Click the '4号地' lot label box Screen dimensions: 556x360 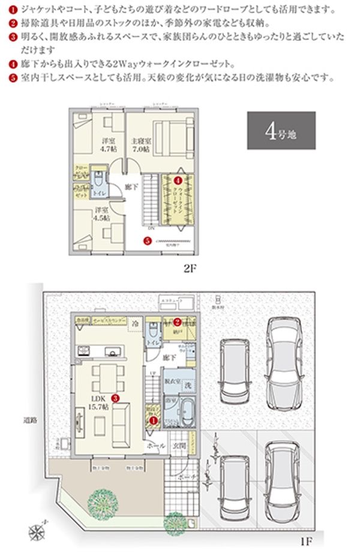pyautogui.click(x=281, y=130)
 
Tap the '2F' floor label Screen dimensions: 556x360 pyautogui.click(x=190, y=269)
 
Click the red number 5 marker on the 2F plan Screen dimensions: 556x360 pyautogui.click(x=147, y=242)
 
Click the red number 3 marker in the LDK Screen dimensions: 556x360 pyautogui.click(x=115, y=397)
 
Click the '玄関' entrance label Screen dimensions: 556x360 pyautogui.click(x=178, y=446)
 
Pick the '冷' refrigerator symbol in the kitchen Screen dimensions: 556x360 pyautogui.click(x=137, y=321)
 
